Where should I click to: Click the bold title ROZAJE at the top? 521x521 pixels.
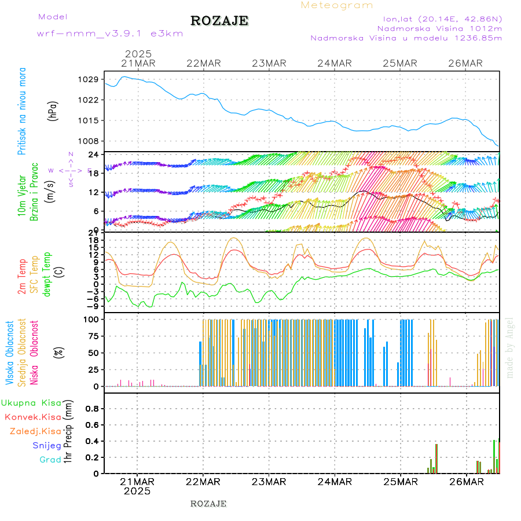pos(219,21)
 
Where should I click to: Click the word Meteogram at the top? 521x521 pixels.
pos(337,5)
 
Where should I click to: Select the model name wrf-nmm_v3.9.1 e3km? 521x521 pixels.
pos(110,34)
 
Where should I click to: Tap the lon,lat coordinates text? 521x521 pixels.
pos(439,18)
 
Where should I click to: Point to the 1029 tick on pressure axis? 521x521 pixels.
pos(90,79)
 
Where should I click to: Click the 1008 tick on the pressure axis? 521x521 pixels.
pos(90,141)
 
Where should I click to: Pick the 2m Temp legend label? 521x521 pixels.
pos(22,277)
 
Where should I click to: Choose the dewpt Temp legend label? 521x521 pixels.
pos(47,274)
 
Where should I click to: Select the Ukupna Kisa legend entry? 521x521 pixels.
pos(31,403)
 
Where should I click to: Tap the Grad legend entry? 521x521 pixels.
pos(50,460)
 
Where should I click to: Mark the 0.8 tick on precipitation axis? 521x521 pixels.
pos(91,408)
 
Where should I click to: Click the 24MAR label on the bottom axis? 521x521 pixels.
pos(335,481)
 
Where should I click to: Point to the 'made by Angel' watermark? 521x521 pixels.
pos(510,347)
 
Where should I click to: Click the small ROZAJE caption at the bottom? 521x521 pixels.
pos(208,504)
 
